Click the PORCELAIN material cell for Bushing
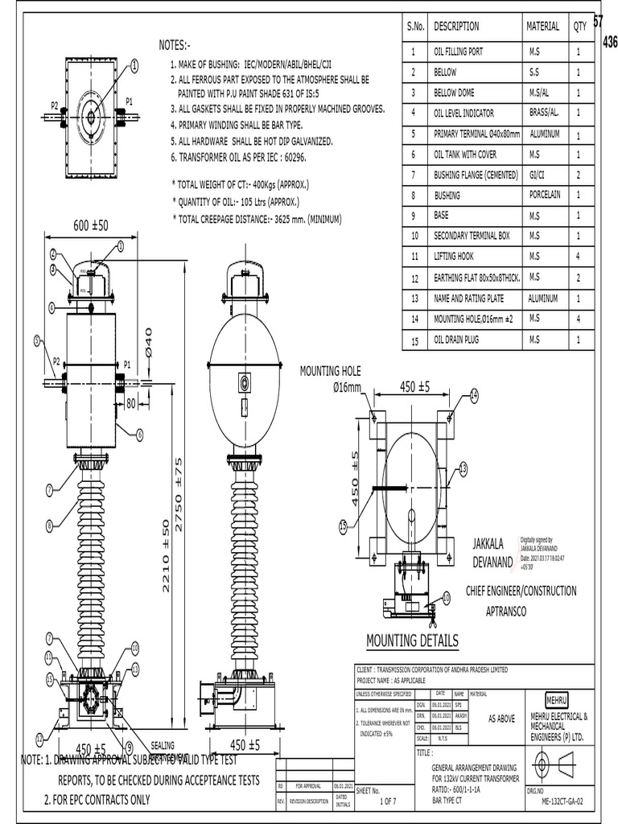coord(544,195)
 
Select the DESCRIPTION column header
coord(456,27)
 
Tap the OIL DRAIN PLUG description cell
coord(456,340)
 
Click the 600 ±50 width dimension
coord(91,225)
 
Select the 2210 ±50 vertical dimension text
coord(167,555)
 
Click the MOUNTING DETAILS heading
coord(412,641)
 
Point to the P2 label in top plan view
coord(54,105)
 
